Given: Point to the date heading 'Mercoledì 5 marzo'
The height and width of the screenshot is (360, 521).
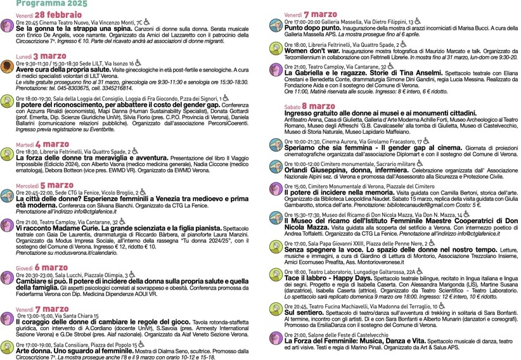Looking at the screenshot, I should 44,185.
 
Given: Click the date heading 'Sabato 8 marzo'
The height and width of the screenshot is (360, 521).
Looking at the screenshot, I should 310,106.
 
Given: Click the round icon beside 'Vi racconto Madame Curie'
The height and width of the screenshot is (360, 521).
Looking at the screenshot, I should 8,225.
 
